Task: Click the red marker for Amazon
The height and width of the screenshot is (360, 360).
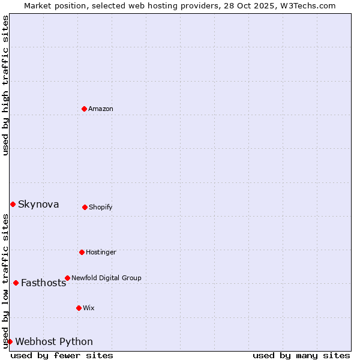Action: tap(84, 109)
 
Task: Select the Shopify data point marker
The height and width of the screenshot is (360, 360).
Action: tap(85, 207)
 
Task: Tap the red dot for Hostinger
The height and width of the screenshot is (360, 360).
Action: tap(82, 252)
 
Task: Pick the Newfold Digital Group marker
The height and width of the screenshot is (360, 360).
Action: tap(67, 278)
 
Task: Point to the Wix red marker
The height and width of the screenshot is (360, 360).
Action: tap(79, 308)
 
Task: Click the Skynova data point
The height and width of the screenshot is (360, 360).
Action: tap(13, 204)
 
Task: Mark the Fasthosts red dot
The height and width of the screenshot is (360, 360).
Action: tap(16, 283)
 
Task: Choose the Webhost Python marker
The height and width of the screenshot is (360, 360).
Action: tap(10, 341)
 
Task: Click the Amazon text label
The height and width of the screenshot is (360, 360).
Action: tap(101, 109)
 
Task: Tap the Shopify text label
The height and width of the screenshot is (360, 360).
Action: tap(101, 207)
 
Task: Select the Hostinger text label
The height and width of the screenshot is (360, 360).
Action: tap(101, 252)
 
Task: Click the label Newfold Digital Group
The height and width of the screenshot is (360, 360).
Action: tap(106, 278)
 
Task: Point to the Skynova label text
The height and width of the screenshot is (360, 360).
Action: tap(38, 205)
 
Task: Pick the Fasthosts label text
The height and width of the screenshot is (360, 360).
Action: tap(43, 283)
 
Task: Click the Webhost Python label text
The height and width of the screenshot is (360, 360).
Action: tap(54, 342)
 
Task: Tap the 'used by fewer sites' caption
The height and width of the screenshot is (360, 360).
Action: tap(62, 356)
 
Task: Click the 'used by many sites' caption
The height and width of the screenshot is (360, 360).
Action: tap(301, 356)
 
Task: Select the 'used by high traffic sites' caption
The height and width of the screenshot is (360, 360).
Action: tap(5, 85)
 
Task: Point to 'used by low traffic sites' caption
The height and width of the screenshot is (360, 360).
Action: tap(5, 281)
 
